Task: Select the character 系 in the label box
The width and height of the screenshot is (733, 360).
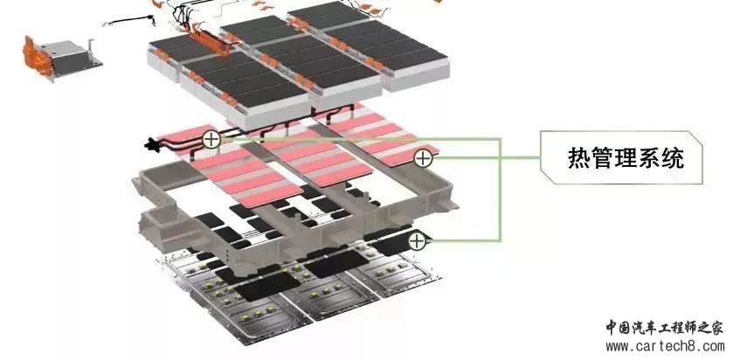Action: tap(649, 158)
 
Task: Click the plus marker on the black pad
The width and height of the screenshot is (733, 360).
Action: tap(417, 241)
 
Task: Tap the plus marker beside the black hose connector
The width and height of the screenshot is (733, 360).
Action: tap(211, 139)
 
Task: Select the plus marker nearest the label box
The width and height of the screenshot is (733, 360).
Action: tap(423, 158)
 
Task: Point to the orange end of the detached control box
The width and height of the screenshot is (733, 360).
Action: tap(34, 55)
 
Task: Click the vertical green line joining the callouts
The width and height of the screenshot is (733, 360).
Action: tap(501, 190)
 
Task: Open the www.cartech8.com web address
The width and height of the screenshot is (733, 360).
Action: tap(665, 347)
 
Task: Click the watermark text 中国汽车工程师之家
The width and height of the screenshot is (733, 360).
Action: tap(665, 328)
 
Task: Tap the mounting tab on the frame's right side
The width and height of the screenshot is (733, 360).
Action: tap(448, 204)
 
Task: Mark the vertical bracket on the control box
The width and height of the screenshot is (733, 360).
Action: tap(90, 49)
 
